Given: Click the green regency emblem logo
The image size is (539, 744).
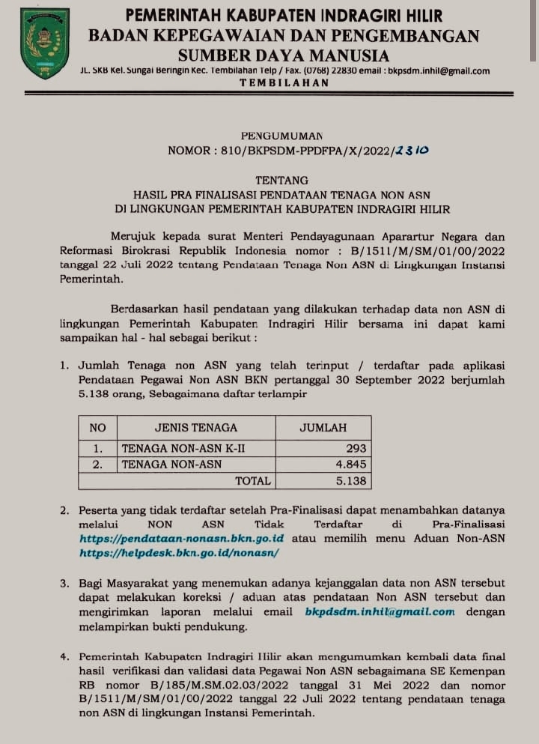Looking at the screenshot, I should pos(45,43).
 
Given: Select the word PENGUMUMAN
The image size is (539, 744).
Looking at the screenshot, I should pos(282,136).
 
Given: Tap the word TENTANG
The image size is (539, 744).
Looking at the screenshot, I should pos(281,180).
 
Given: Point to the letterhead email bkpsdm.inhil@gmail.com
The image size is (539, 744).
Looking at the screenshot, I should pos(437,71).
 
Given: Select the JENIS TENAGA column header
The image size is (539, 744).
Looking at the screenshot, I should pos(195,428).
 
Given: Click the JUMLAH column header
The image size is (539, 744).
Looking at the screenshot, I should pos(323,428).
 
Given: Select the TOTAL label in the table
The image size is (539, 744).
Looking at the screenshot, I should pos(252,480).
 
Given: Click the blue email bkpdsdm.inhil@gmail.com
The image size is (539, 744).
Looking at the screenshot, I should pos(380,611).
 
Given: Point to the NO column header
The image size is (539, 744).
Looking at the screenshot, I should pos(97,428).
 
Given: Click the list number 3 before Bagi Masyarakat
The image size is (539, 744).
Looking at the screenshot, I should pos(65,582).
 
